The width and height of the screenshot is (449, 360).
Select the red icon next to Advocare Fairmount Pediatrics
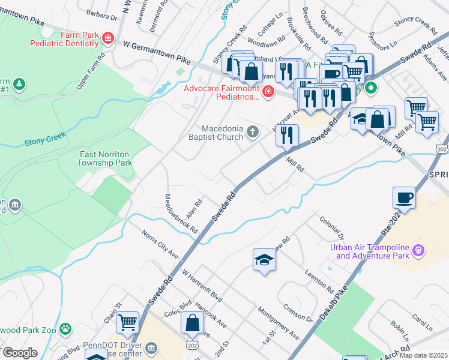[x=268, y=92]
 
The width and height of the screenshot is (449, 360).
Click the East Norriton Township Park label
[x=106, y=158]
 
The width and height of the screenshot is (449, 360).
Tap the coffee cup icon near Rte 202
[x=405, y=197]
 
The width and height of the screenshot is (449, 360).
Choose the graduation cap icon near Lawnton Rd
[x=264, y=260]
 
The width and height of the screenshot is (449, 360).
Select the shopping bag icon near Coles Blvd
[x=192, y=323]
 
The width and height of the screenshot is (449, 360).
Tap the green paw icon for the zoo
[x=65, y=329]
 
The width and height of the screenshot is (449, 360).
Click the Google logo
[x=19, y=353]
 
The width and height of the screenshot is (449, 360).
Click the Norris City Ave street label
[x=160, y=244]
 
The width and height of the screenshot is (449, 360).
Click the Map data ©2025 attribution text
[x=424, y=355]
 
